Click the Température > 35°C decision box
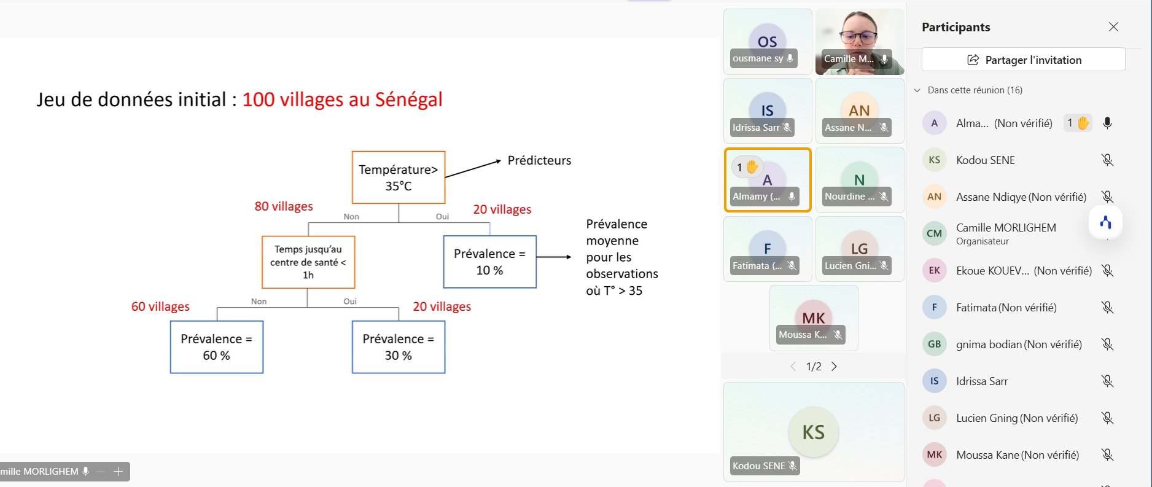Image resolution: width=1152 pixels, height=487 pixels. [399, 177]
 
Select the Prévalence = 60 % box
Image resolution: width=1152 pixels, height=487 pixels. [217, 347]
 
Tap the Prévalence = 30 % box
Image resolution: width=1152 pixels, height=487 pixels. [399, 347]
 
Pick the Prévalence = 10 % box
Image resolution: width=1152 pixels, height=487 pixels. [490, 262]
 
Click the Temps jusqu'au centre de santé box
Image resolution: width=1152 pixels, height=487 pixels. [308, 262]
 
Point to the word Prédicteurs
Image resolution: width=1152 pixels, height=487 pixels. [539, 160]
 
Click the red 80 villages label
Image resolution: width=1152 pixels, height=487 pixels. [284, 206]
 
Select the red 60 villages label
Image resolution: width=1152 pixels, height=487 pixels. [160, 306]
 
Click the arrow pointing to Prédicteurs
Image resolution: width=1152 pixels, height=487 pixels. [473, 169]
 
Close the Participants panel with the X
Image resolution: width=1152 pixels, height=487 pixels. [1113, 27]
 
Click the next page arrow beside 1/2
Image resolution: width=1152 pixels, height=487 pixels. [834, 367]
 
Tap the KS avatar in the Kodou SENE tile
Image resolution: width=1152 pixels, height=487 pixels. [814, 432]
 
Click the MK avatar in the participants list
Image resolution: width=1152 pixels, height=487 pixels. [935, 454]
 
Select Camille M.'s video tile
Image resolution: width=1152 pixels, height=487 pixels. [860, 42]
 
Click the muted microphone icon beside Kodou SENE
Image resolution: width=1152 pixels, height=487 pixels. [1107, 160]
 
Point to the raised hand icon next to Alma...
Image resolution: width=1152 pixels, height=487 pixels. [1083, 123]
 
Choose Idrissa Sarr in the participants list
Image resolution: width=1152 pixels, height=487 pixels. [982, 381]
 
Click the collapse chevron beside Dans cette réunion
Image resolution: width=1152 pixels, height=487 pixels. [917, 90]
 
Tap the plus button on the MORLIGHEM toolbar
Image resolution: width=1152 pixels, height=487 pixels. [119, 472]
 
